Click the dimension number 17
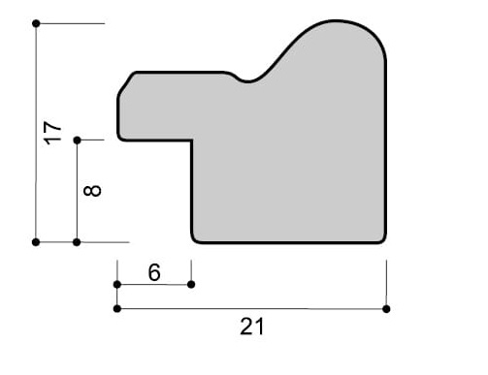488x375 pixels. (52, 133)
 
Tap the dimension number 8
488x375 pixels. (92, 191)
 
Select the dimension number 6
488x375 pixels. (154, 272)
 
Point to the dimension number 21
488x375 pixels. (252, 327)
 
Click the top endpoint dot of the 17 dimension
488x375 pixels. (36, 23)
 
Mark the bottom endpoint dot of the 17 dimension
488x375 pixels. (36, 242)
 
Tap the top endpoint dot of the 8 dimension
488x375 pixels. (77, 141)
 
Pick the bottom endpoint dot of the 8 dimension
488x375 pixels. (77, 242)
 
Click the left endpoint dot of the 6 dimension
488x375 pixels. (117, 285)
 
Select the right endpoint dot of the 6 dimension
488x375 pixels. (191, 285)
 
